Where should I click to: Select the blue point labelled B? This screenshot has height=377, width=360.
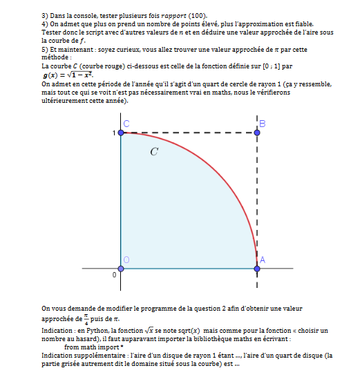pyautogui.click(x=257, y=133)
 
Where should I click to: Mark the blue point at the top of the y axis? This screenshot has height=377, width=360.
pyautogui.click(x=122, y=133)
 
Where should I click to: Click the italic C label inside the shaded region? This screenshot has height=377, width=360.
pyautogui.click(x=154, y=151)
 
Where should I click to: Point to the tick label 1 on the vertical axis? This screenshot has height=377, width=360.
pyautogui.click(x=115, y=132)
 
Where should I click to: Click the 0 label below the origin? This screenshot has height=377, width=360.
pyautogui.click(x=114, y=275)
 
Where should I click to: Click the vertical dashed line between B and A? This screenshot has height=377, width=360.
pyautogui.click(x=257, y=200)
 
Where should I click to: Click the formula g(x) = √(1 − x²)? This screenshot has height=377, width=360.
pyautogui.click(x=68, y=74)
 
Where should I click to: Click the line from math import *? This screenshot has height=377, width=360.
pyautogui.click(x=93, y=347)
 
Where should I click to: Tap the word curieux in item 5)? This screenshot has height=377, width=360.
pyautogui.click(x=128, y=50)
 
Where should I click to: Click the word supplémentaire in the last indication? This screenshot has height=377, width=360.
pyautogui.click(x=101, y=356)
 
